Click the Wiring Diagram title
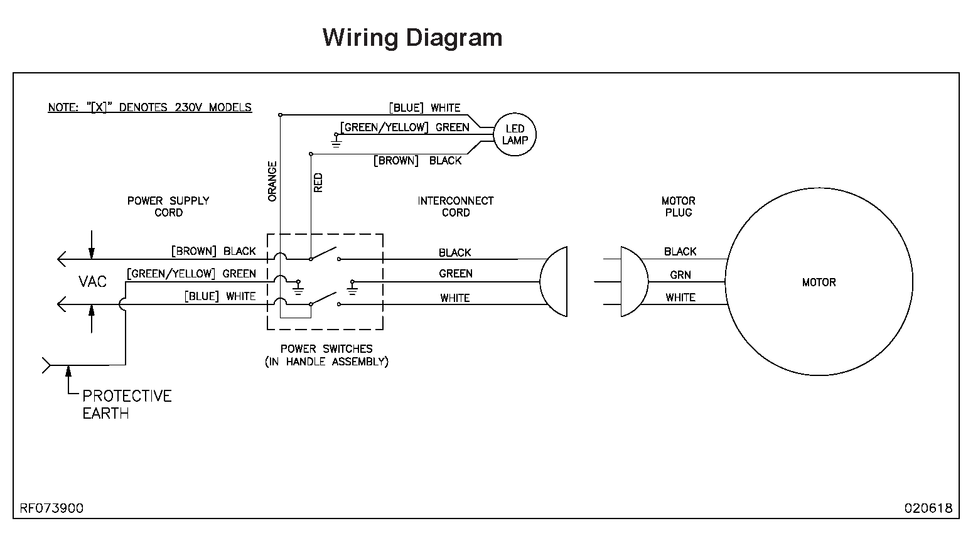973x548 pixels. point(412,38)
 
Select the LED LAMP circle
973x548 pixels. point(515,135)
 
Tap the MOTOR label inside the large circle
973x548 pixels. point(819,282)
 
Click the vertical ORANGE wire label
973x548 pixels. point(272,181)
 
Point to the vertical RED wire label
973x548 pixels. point(318,183)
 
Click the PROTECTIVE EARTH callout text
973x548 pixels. point(127,404)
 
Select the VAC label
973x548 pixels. point(92,282)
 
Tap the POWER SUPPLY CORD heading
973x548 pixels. point(168,207)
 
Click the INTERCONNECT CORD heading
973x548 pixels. point(455,207)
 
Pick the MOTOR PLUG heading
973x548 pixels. point(678,207)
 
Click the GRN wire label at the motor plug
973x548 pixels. point(680,275)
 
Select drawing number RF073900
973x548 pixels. point(51,508)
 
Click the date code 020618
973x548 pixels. point(928,508)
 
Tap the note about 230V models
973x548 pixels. point(149,107)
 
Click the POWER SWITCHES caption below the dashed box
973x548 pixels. point(326,355)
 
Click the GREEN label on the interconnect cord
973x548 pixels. point(456,274)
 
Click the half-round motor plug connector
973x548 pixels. point(633,282)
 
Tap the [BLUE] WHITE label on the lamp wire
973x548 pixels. point(424,108)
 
